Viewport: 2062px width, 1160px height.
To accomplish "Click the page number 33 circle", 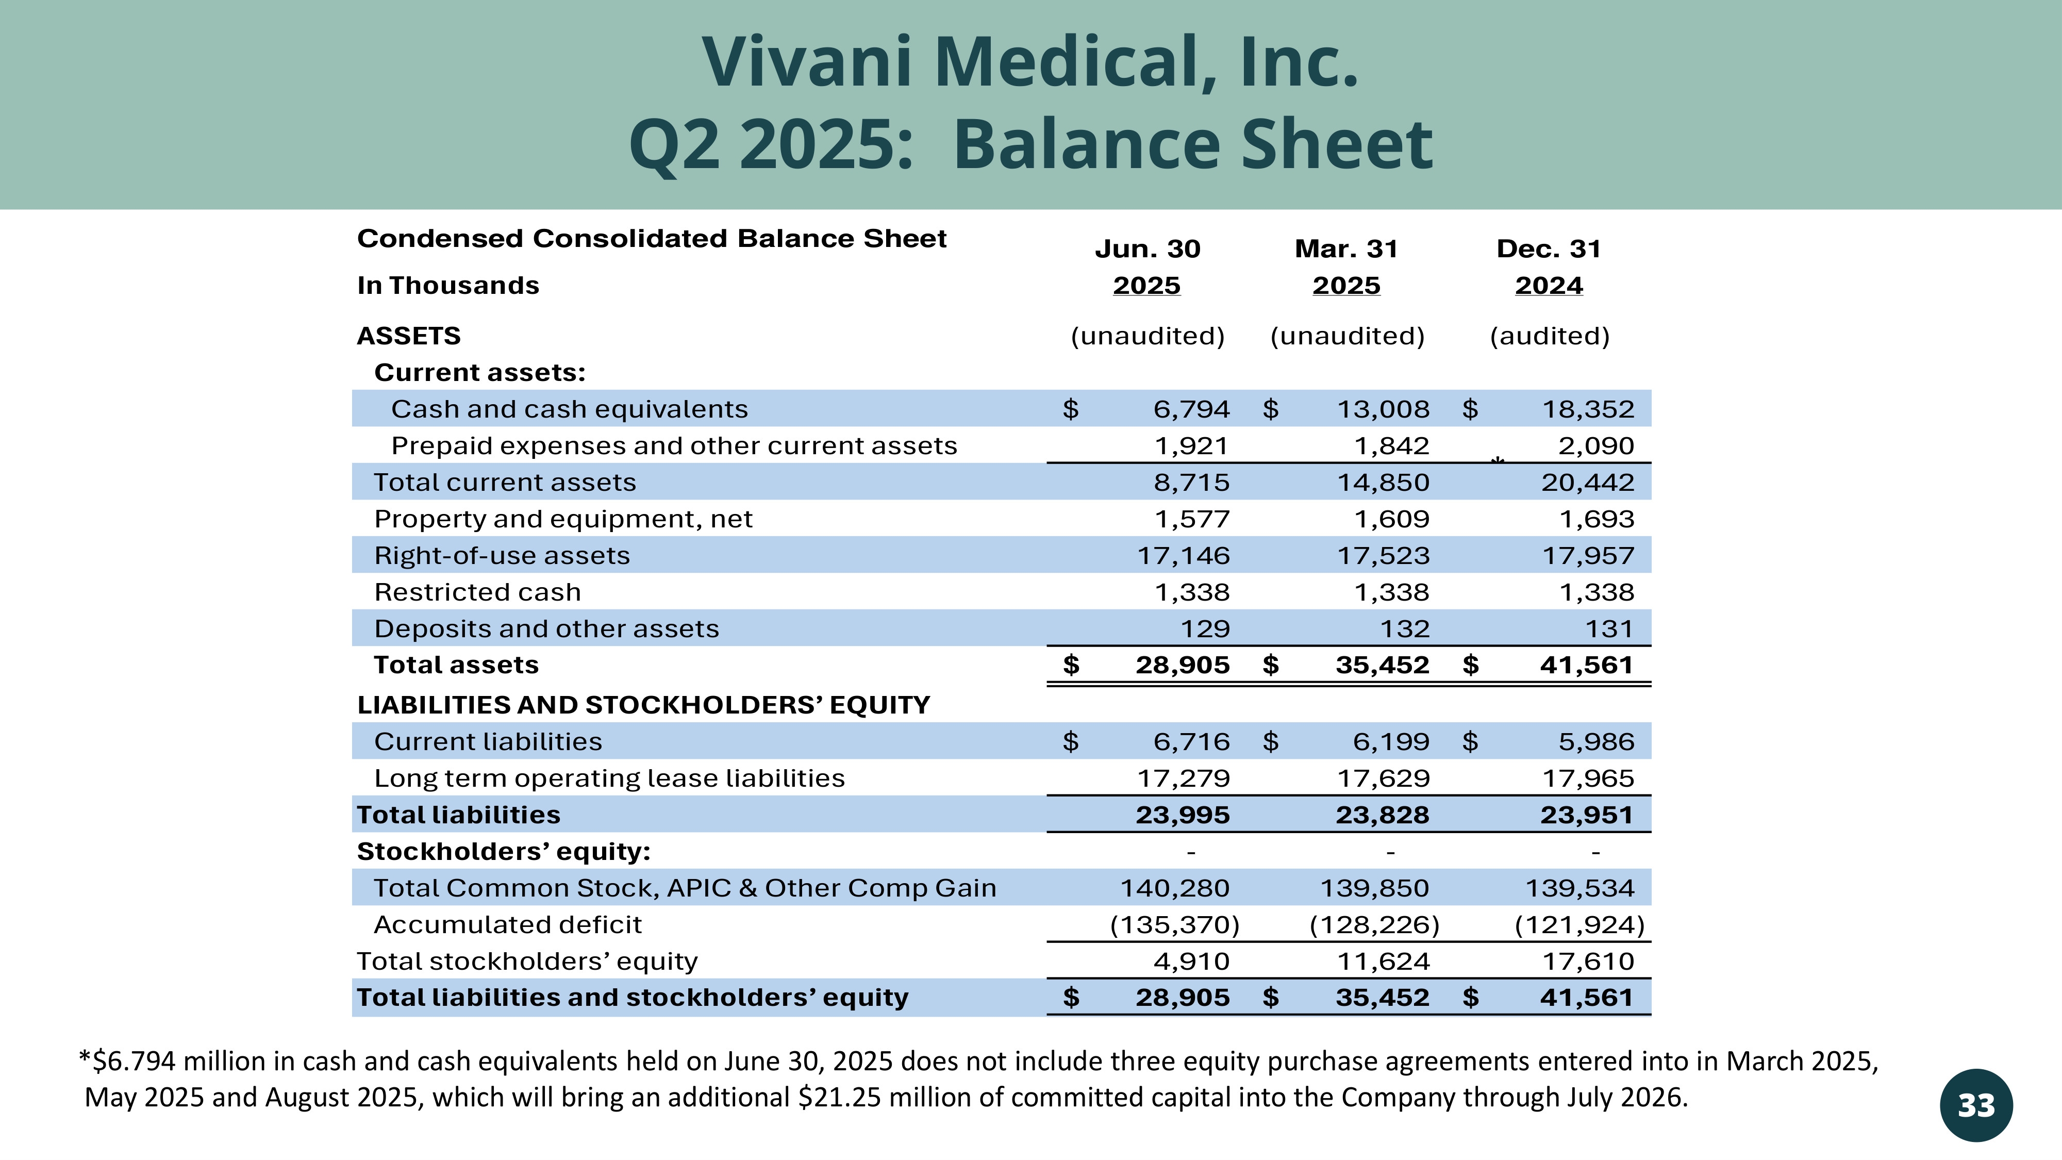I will [x=1975, y=1105].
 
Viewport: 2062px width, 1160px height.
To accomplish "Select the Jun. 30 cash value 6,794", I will [x=1191, y=409].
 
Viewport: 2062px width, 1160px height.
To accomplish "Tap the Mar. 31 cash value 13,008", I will [x=1383, y=409].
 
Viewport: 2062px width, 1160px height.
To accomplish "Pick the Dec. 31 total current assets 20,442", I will [x=1588, y=483].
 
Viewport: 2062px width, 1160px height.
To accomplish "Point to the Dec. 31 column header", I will [x=1549, y=249].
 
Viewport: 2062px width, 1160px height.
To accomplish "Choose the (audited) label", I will [x=1550, y=336].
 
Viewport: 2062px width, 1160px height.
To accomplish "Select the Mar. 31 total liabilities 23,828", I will [x=1383, y=815].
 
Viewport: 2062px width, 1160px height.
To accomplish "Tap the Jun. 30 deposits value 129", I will [x=1206, y=629].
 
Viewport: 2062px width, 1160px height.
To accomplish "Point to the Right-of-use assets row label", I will [x=502, y=556].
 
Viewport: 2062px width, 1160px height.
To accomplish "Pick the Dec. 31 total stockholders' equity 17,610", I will [x=1588, y=962].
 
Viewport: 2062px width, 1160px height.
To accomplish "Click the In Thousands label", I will [x=448, y=286].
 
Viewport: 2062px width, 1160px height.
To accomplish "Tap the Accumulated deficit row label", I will [x=507, y=924].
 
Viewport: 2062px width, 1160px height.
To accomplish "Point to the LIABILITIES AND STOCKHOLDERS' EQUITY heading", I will [x=643, y=705].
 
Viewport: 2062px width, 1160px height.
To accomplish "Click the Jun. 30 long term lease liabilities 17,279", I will [x=1183, y=778].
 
